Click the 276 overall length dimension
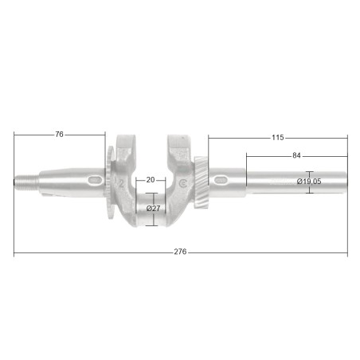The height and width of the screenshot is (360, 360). click(x=180, y=252)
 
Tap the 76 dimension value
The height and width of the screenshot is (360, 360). click(x=60, y=135)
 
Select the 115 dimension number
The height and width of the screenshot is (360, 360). click(x=278, y=138)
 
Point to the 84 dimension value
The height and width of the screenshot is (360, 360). click(x=296, y=155)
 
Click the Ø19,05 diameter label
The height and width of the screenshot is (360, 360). click(x=309, y=182)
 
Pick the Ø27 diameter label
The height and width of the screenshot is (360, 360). click(x=154, y=209)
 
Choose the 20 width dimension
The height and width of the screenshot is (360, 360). click(x=151, y=180)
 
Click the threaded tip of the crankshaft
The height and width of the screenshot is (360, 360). click(x=26, y=182)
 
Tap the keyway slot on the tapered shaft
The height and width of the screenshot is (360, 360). click(x=95, y=180)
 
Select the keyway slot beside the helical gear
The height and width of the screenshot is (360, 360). click(x=220, y=180)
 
